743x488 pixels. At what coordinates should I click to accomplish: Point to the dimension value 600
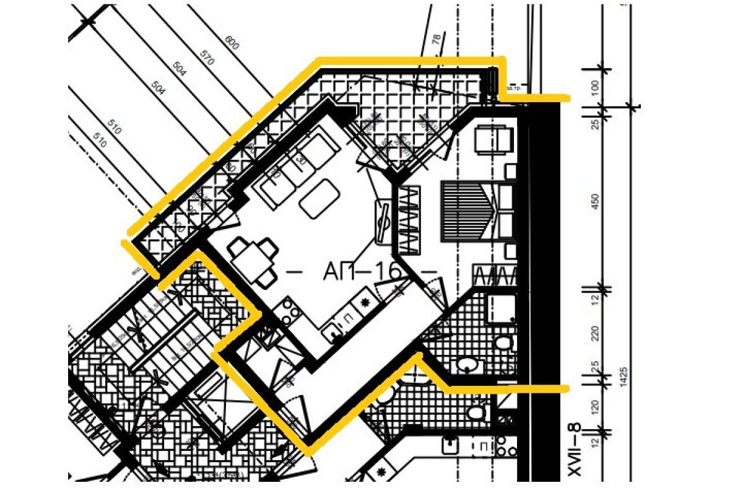coord(232,43)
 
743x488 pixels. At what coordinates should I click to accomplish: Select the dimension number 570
coord(207,56)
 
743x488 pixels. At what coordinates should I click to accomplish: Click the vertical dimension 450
coord(596,202)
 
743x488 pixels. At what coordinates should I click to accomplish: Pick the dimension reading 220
coord(596,334)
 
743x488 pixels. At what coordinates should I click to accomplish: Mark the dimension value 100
coord(596,87)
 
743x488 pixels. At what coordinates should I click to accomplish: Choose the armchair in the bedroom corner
coord(493,139)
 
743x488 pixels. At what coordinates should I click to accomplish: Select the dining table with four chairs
coord(253,261)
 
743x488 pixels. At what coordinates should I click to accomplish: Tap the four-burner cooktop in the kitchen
coord(289,312)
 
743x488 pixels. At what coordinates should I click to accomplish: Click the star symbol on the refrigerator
coord(364,302)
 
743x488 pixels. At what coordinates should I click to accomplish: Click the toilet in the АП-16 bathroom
coord(503,343)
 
